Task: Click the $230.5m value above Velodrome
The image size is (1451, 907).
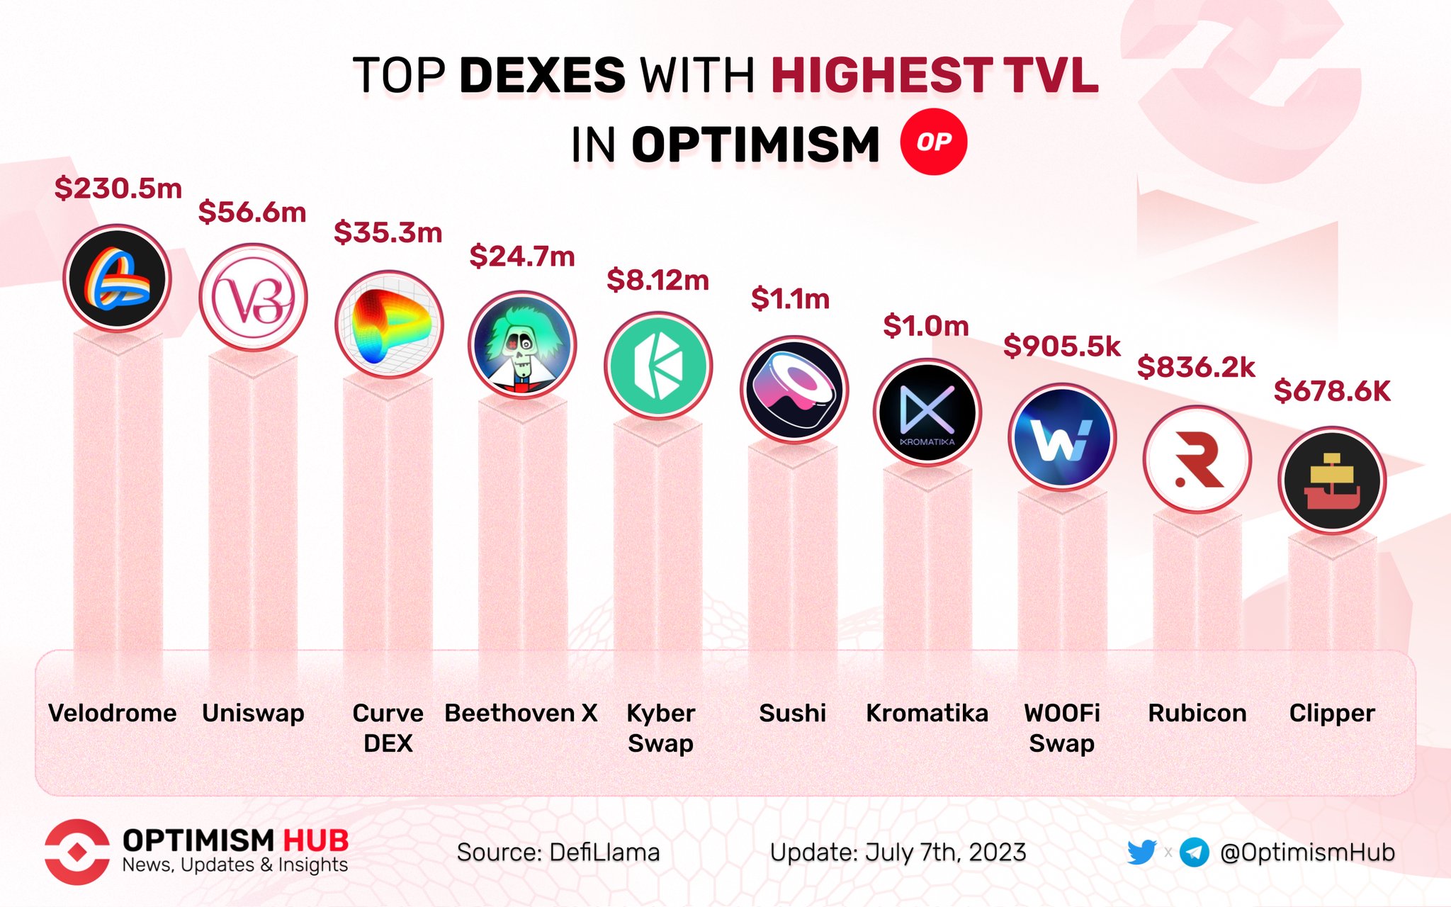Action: pyautogui.click(x=118, y=188)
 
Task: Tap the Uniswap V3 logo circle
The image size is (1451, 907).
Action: pyautogui.click(x=253, y=297)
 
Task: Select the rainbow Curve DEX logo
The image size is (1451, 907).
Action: pyautogui.click(x=388, y=324)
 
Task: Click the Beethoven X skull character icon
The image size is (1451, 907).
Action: pyautogui.click(x=522, y=345)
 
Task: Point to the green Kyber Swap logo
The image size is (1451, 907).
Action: pyautogui.click(x=658, y=366)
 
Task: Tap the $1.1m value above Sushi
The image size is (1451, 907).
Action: pyautogui.click(x=790, y=299)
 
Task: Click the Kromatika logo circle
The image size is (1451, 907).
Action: pyautogui.click(x=927, y=412)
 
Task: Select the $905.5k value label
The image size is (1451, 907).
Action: pyautogui.click(x=1061, y=347)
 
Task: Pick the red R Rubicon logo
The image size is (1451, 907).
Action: pyautogui.click(x=1197, y=459)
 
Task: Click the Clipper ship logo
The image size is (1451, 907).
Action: pyautogui.click(x=1332, y=480)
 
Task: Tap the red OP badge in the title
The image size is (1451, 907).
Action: pyautogui.click(x=933, y=142)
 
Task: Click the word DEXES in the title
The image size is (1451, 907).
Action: pyautogui.click(x=542, y=75)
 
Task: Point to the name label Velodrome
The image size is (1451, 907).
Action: pyautogui.click(x=113, y=713)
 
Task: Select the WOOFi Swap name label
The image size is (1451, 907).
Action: pyautogui.click(x=1061, y=728)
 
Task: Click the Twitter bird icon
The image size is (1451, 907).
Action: pyautogui.click(x=1141, y=852)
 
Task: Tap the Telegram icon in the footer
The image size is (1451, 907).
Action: pyautogui.click(x=1195, y=852)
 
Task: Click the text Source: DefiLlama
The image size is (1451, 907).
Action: pyautogui.click(x=558, y=852)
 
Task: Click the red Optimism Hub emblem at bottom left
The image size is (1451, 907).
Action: pyautogui.click(x=77, y=852)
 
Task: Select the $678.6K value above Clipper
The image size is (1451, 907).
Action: pyautogui.click(x=1332, y=391)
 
